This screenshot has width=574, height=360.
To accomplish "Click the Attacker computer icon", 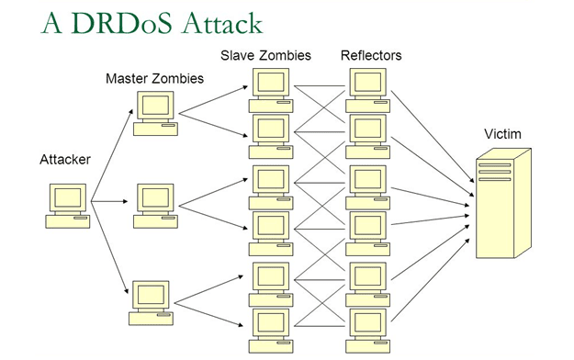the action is (68, 206).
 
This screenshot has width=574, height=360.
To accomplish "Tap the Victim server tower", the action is (503, 203).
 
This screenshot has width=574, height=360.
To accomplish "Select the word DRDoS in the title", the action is (121, 24).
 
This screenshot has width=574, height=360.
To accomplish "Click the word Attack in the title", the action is (222, 24).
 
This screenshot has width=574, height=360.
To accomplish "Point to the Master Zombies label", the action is (154, 78).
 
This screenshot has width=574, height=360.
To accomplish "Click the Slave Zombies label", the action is (265, 55).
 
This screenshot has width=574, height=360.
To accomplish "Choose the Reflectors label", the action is (371, 55).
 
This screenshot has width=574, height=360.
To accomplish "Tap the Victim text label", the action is (502, 134).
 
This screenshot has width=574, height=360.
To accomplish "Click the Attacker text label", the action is (65, 159).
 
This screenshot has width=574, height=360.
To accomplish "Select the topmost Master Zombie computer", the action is (155, 114).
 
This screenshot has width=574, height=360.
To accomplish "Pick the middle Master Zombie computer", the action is (155, 207).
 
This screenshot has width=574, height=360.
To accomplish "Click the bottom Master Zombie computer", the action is (151, 303).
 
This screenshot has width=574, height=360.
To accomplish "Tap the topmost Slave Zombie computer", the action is (271, 90).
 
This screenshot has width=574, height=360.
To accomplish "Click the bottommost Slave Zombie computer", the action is (271, 331).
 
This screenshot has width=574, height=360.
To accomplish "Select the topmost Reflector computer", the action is (368, 90).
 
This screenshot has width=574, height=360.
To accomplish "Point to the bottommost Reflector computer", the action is (368, 331).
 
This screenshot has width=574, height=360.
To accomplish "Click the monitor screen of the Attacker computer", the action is (68, 197).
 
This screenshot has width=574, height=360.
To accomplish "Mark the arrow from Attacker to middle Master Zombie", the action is (109, 201).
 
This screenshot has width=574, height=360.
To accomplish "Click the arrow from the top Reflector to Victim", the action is (433, 137).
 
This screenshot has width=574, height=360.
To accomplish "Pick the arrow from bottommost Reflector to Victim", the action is (431, 280).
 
